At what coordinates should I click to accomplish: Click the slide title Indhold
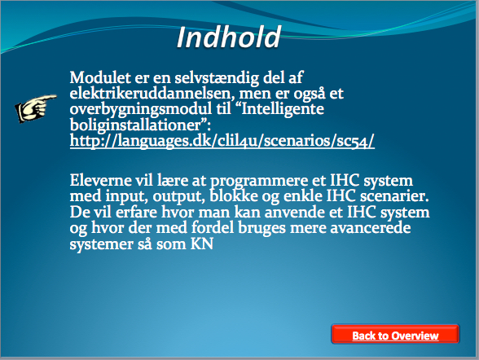coord(228,37)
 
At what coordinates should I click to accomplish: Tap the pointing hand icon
coord(36,108)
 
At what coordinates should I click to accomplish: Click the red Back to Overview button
coord(395,335)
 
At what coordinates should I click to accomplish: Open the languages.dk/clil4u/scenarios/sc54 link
coord(222,141)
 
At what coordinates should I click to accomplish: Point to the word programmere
coord(259,182)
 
